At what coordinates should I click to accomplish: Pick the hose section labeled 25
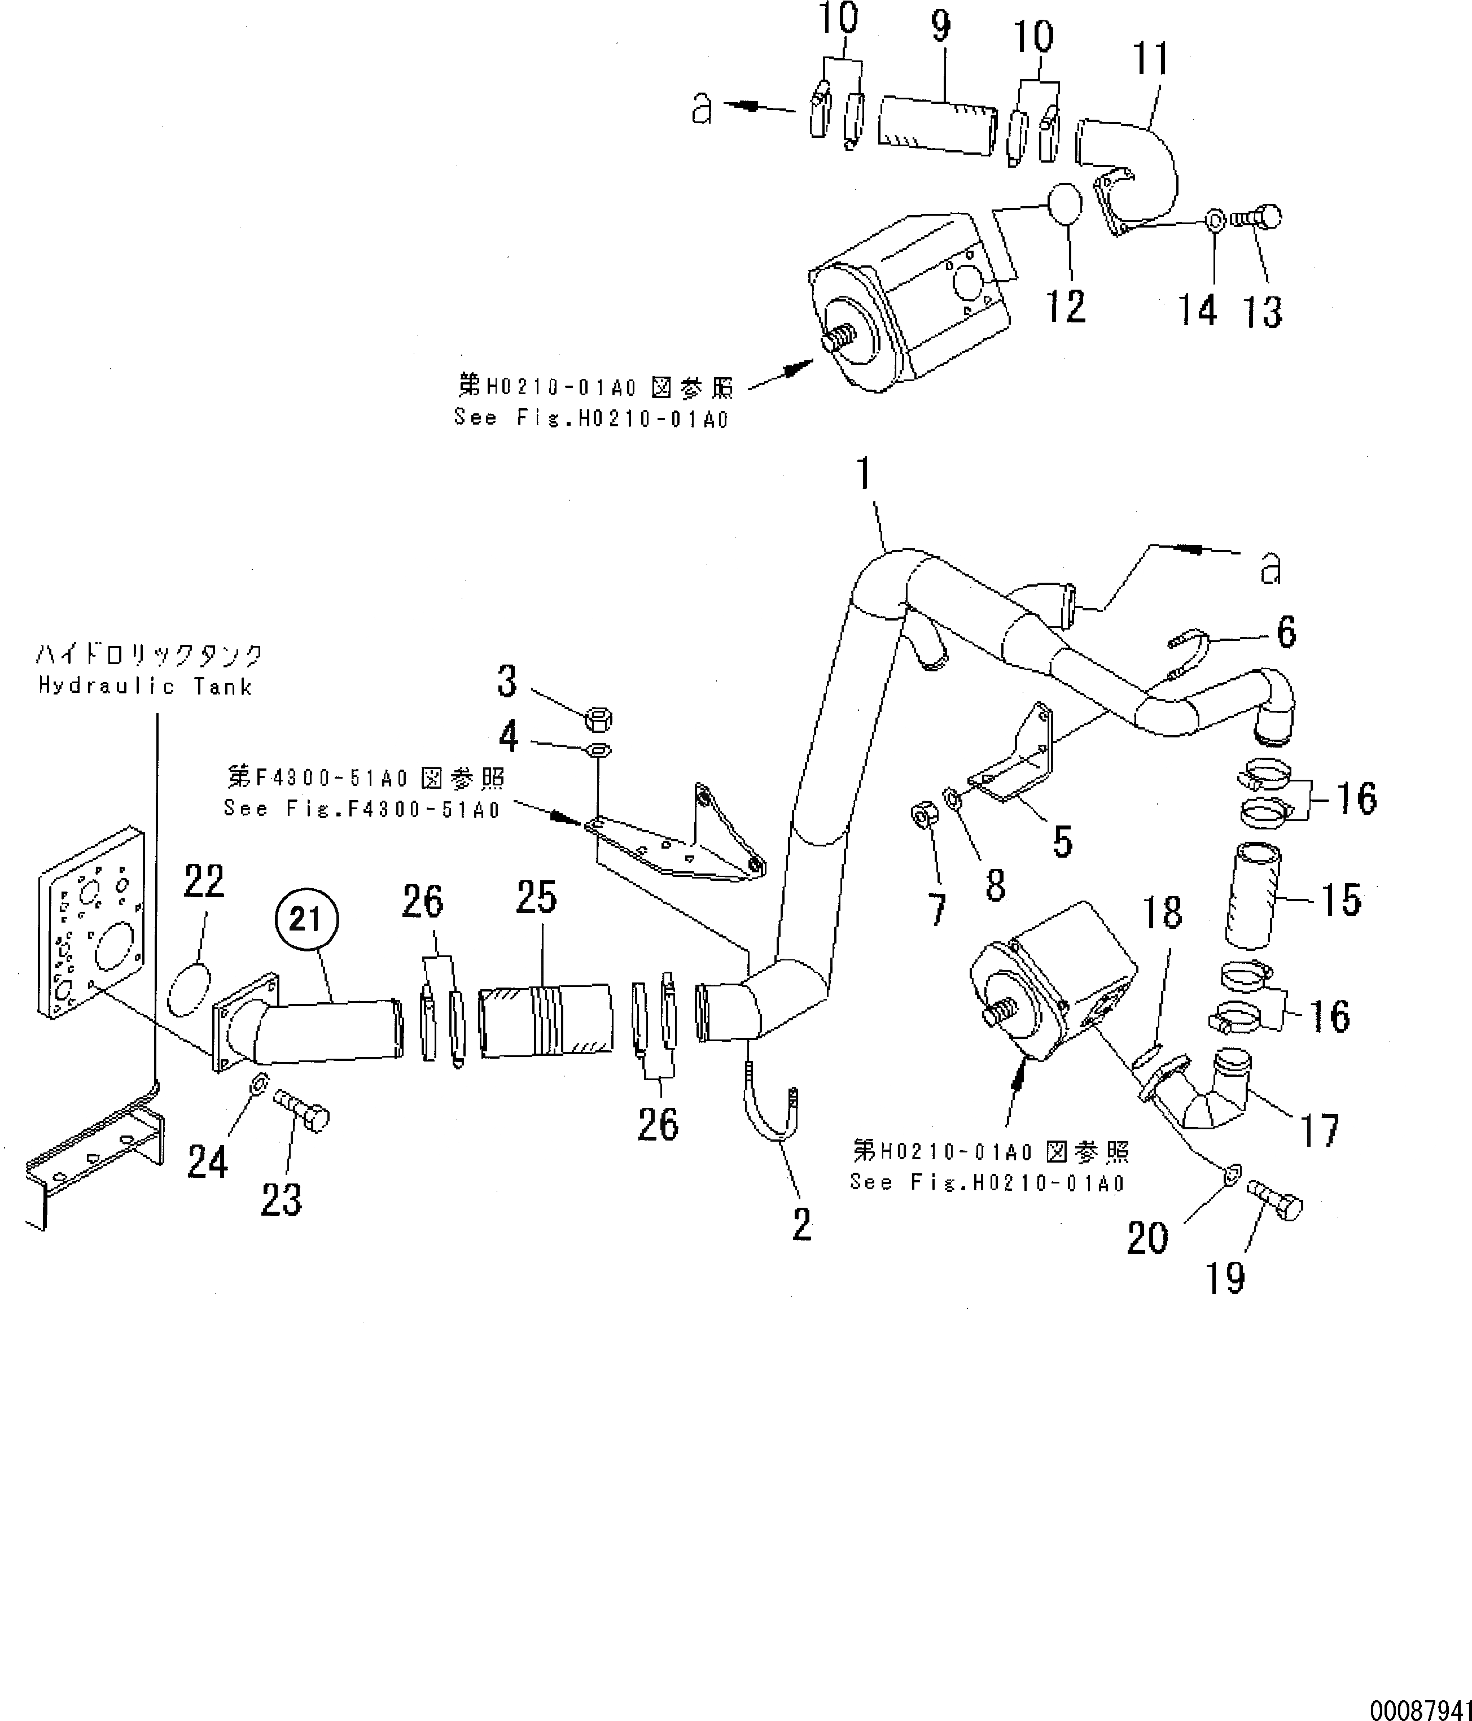point(545,1021)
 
